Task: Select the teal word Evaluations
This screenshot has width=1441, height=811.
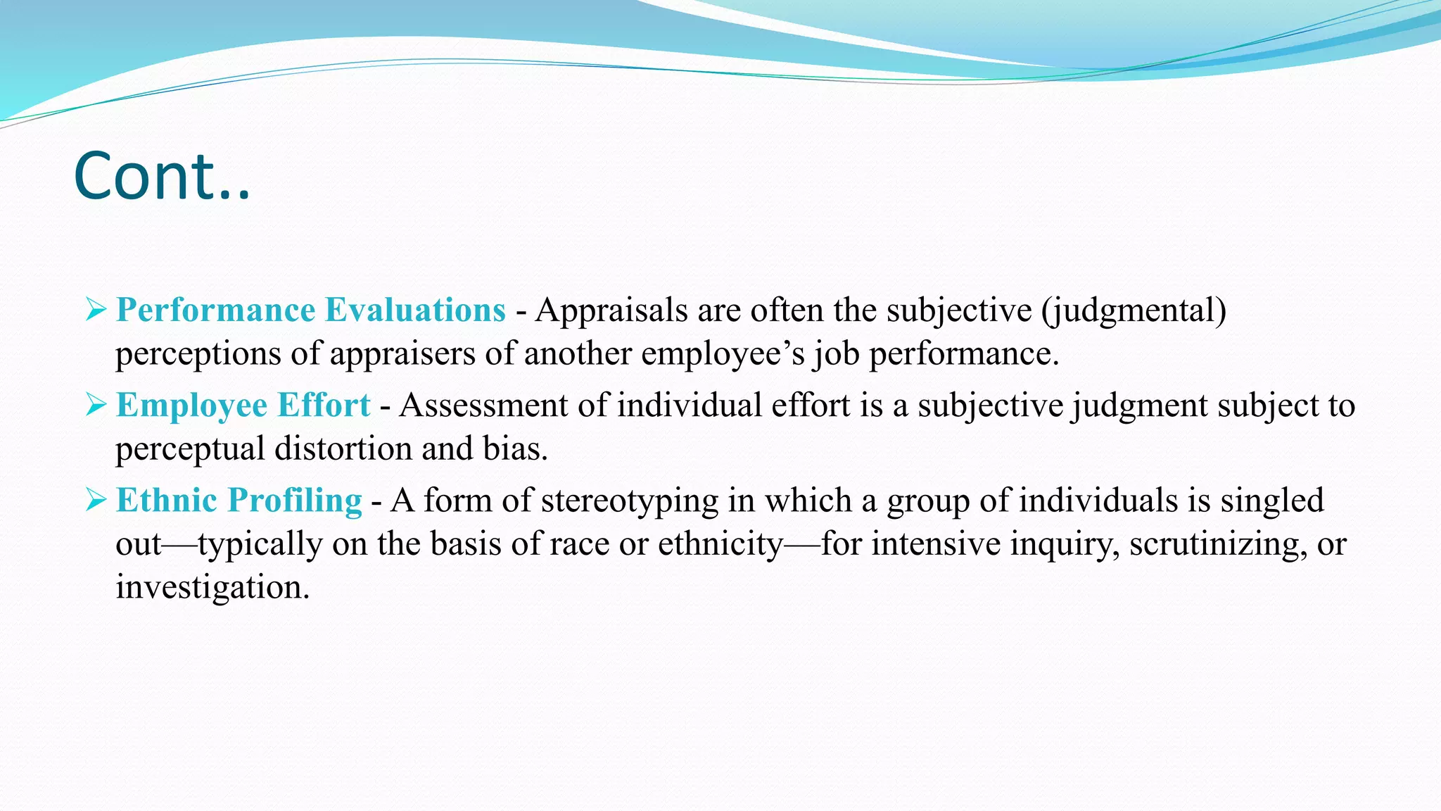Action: coord(415,310)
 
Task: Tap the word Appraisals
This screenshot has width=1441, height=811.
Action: coord(611,310)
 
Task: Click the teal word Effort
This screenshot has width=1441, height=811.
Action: coord(324,405)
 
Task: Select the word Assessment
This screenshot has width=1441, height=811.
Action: coord(483,405)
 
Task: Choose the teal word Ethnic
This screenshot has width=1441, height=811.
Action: coord(167,501)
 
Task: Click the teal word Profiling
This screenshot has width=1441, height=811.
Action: coord(295,501)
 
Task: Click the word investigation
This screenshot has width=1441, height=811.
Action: coord(212,587)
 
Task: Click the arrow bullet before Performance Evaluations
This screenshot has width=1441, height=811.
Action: coord(96,309)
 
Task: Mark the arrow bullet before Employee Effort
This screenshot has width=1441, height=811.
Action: coord(96,404)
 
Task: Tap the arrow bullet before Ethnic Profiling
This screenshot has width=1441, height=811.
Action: coord(96,499)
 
